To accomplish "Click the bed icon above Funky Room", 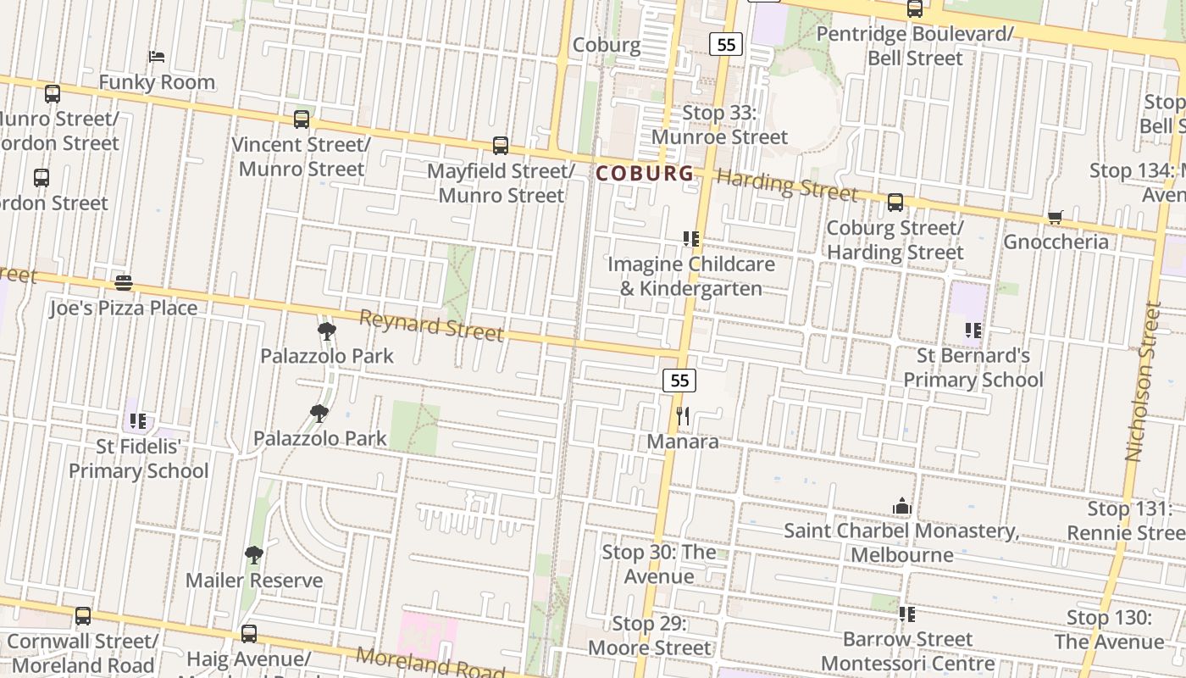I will (x=157, y=57).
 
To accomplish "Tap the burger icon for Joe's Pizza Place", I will (x=124, y=282).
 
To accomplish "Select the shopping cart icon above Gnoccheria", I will (x=1055, y=217).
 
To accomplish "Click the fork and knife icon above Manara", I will (x=683, y=415).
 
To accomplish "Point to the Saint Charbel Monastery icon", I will (x=901, y=506).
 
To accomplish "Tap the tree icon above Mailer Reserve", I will (x=253, y=555).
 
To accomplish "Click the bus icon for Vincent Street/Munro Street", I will (x=302, y=119).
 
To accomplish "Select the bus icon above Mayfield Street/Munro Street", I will (x=501, y=146).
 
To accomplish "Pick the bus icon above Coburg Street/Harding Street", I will (x=895, y=203).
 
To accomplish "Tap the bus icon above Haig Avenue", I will (x=248, y=633).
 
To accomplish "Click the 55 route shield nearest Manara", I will (x=679, y=381).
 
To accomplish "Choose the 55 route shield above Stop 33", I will (x=726, y=44).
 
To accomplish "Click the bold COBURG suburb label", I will (x=645, y=174).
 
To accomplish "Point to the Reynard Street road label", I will (x=432, y=325).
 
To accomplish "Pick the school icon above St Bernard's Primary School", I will (x=973, y=330).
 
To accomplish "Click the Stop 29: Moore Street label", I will (x=650, y=636).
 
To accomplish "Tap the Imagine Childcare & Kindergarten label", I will (x=691, y=275).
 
